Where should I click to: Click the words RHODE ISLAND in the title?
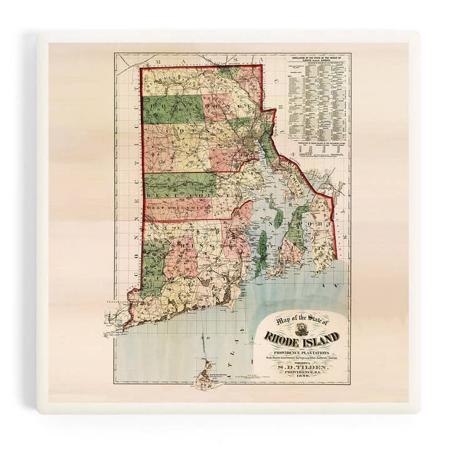(301, 337)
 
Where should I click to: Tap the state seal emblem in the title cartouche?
(302, 328)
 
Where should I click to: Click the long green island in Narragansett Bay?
(262, 249)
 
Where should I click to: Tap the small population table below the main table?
(318, 150)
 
